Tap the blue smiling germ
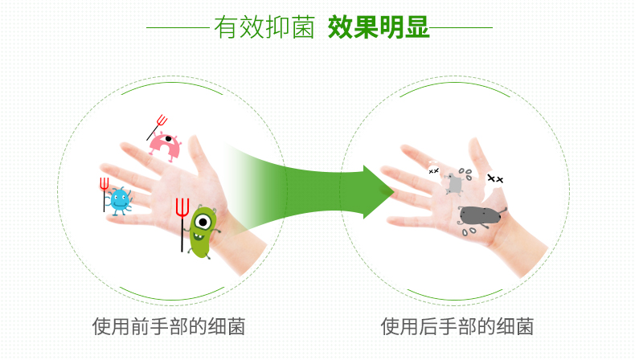120,200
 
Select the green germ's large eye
203,222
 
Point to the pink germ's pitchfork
157,126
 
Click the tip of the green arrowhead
394,192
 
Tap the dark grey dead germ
481,215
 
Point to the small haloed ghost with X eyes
434,169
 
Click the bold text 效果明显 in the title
379,27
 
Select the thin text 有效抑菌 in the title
264,27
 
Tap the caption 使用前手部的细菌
169,326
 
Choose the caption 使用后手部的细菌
457,326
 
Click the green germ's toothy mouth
199,236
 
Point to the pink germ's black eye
169,139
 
